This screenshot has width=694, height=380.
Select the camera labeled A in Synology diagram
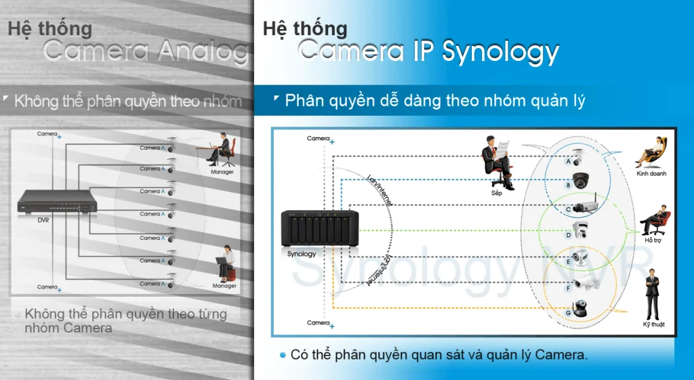tap(577, 157)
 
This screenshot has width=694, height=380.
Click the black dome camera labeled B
tap(580, 181)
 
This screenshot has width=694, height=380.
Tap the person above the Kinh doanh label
tap(651, 152)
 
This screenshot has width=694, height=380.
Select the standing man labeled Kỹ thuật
tap(652, 295)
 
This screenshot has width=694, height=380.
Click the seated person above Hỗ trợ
tap(655, 218)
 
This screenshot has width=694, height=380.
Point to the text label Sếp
tap(497, 193)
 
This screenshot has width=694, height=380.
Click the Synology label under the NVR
tap(302, 254)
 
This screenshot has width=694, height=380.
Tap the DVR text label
tap(43, 220)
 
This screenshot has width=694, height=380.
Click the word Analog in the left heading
tap(204, 51)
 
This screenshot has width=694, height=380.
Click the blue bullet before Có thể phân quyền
tap(283, 355)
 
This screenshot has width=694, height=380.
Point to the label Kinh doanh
tap(651, 173)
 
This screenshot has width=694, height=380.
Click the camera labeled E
tap(581, 257)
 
